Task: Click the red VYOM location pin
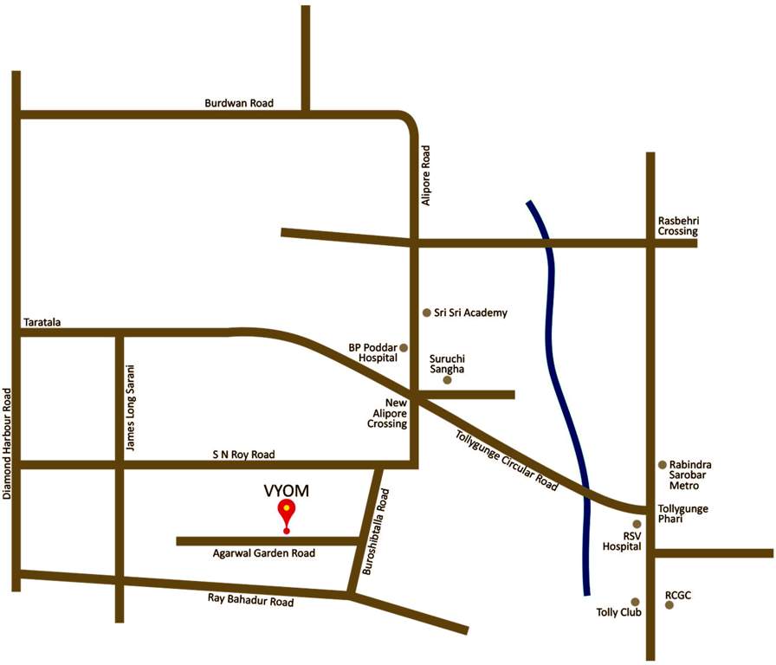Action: click(286, 513)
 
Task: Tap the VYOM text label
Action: click(286, 491)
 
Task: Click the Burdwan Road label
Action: click(239, 103)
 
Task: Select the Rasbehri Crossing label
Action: click(677, 226)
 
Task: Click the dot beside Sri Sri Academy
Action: click(426, 313)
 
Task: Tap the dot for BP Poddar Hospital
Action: click(404, 347)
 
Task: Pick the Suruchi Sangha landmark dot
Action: click(447, 380)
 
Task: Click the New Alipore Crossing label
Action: click(385, 413)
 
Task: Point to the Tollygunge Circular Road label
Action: click(507, 460)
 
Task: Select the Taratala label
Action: click(41, 323)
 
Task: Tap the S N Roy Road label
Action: click(243, 454)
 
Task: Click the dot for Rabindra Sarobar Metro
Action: click(663, 465)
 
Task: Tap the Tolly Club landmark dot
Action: click(635, 602)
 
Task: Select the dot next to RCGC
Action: click(669, 605)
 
